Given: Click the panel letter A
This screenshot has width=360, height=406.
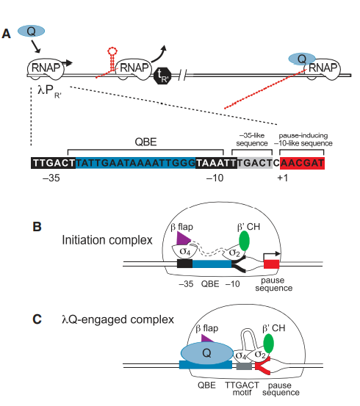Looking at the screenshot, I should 7,33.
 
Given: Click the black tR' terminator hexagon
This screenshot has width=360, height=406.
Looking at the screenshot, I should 164,73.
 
